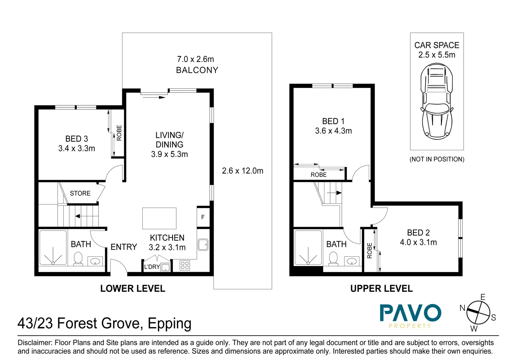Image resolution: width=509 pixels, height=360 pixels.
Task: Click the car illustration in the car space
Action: pos(437,102)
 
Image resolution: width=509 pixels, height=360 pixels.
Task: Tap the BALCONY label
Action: pos(197,70)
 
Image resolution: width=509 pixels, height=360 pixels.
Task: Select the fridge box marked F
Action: pos(203,217)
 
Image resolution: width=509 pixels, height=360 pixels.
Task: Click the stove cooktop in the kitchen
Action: pos(185,265)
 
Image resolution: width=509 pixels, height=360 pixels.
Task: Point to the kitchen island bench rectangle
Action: pos(159,218)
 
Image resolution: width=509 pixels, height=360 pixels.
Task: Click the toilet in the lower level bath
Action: pos(78,259)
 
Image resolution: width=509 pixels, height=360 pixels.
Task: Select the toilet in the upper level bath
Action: pos(333,259)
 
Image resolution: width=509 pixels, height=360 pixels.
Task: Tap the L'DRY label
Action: pos(152,267)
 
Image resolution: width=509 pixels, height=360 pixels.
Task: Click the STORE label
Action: pos(80,193)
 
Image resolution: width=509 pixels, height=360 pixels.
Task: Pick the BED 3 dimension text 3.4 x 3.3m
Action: pos(77,149)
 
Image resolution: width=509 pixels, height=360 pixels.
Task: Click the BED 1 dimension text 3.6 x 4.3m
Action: pos(333,131)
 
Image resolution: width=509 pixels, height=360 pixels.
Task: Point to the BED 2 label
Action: pos(418,233)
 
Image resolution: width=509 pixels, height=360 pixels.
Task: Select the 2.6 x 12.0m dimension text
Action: pos(243,171)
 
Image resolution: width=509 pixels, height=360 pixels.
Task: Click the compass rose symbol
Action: pos(478,312)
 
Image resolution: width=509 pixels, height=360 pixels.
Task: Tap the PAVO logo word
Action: pos(410,313)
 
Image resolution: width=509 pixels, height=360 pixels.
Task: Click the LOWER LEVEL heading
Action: pos(133,289)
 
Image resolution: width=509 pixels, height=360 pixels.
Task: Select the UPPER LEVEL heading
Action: pos(381,289)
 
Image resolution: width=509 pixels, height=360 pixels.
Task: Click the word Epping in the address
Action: pos(169,324)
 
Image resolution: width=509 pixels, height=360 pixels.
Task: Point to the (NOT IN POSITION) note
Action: pos(437,159)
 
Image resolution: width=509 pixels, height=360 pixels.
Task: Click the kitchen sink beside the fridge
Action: pos(203,245)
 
